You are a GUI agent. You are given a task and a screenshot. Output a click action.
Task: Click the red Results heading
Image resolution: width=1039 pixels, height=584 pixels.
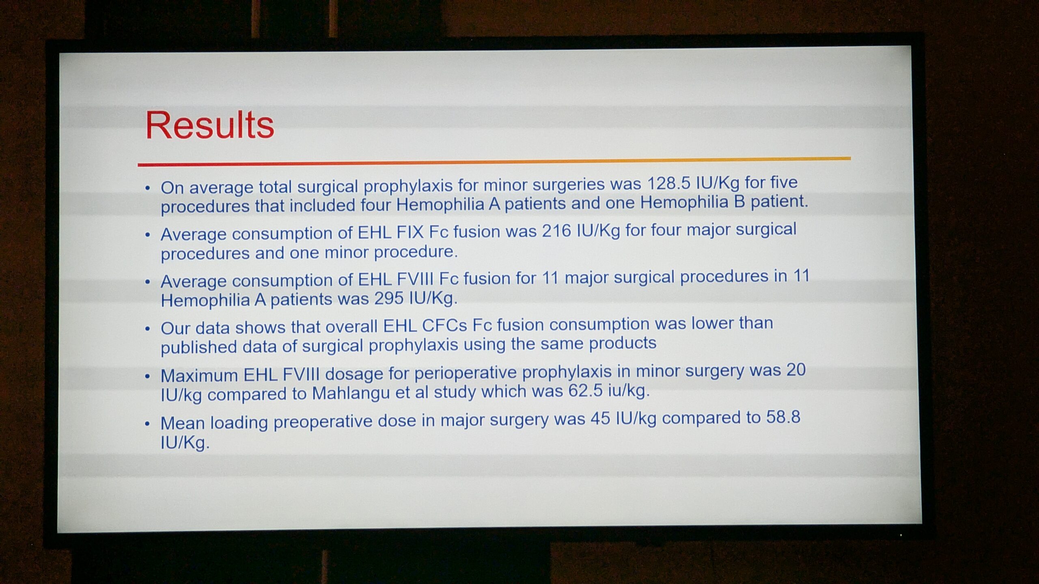(x=209, y=125)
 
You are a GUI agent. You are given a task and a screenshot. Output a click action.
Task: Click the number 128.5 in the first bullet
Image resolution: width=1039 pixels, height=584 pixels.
(x=668, y=184)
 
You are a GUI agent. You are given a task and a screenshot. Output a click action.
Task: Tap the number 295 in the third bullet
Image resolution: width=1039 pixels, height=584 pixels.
(x=389, y=298)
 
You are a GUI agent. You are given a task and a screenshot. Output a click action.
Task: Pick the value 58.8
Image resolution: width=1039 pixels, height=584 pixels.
(x=783, y=417)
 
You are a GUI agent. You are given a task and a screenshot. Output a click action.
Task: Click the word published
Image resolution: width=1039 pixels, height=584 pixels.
(x=199, y=347)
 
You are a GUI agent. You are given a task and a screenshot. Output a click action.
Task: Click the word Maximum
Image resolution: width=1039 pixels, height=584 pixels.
(x=199, y=376)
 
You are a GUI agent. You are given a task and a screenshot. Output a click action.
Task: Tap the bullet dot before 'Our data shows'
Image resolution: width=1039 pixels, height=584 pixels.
(x=148, y=329)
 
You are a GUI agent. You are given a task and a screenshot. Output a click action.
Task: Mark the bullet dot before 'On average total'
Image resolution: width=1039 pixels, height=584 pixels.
(x=148, y=188)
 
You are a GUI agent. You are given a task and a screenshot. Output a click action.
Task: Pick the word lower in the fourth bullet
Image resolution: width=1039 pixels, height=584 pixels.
(x=713, y=323)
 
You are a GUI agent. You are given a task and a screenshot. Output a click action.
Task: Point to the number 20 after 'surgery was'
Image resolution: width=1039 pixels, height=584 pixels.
(x=795, y=369)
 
